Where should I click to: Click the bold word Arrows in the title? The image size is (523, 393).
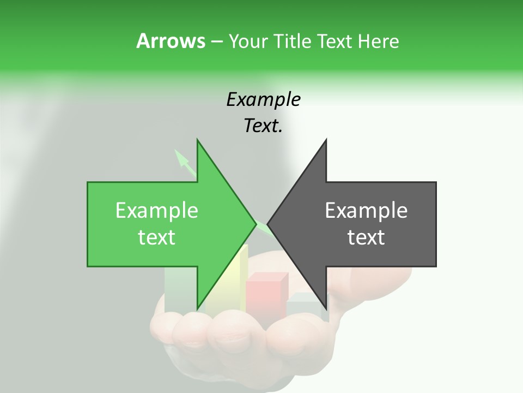[x=171, y=41]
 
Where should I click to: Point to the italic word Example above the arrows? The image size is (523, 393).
[x=264, y=99]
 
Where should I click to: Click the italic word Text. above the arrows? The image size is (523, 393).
[x=264, y=126]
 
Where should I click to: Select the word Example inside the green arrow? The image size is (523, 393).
[x=157, y=211]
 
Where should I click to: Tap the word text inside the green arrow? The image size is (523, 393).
[x=157, y=237]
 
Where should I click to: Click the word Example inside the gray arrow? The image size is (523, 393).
[x=366, y=211]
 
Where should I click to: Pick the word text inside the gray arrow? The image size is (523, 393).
[x=366, y=237]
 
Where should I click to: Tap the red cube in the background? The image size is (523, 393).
[x=266, y=295]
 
